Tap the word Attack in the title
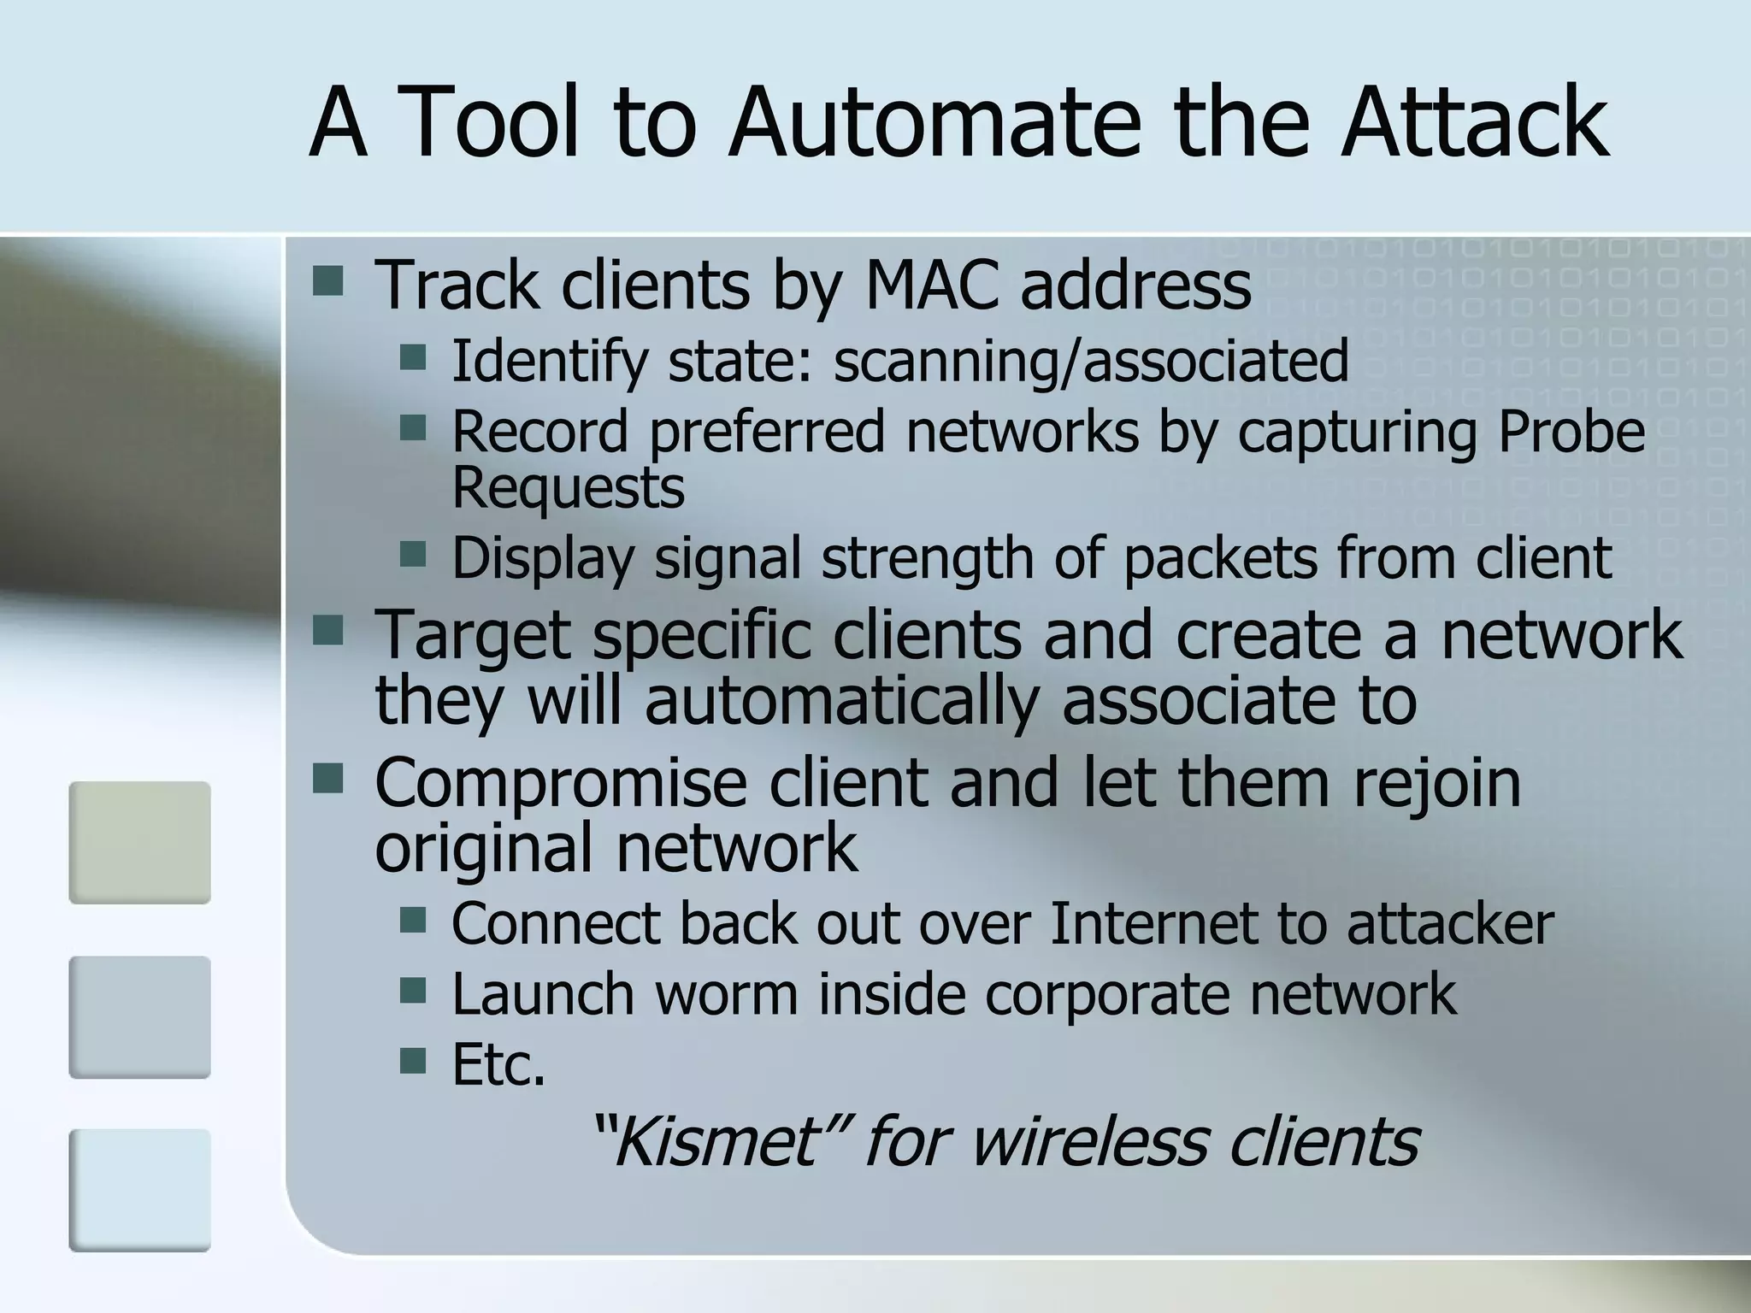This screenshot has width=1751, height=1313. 1474,124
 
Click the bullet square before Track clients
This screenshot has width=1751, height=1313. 327,280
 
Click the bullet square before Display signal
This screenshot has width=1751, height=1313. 413,553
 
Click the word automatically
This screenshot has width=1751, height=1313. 841,701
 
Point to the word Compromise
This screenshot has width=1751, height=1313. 560,785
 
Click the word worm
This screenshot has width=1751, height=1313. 724,994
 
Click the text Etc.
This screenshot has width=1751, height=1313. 498,1065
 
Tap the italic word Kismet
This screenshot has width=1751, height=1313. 716,1143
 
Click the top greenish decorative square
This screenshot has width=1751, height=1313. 139,843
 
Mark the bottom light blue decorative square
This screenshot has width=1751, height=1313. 139,1190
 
